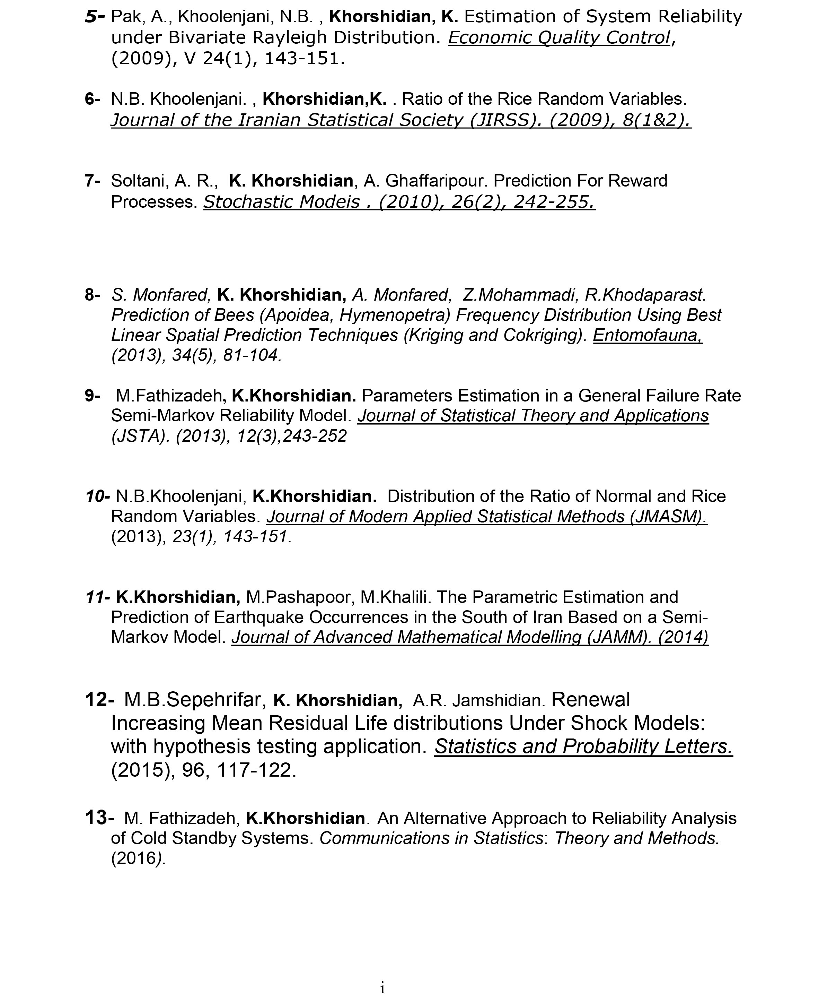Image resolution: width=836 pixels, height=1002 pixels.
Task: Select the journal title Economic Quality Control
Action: (560, 38)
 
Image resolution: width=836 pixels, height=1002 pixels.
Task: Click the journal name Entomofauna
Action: (648, 335)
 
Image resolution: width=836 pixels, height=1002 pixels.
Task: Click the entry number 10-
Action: (98, 496)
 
